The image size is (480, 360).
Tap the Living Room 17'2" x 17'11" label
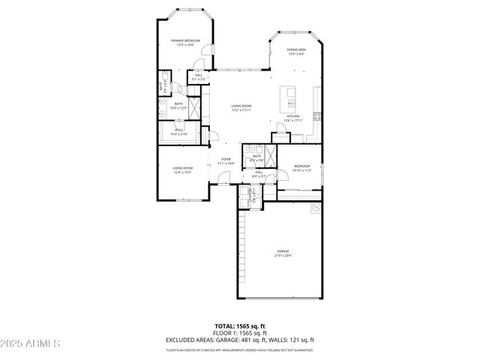241,108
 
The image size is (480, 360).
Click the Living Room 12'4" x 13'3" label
183,170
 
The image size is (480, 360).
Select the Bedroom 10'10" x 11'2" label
302,168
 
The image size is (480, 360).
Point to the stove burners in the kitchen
317,116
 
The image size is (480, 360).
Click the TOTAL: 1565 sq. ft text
239,326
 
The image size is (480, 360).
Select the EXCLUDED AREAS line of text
239,340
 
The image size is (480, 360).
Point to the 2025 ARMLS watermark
31,343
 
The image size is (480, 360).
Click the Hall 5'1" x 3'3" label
199,76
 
